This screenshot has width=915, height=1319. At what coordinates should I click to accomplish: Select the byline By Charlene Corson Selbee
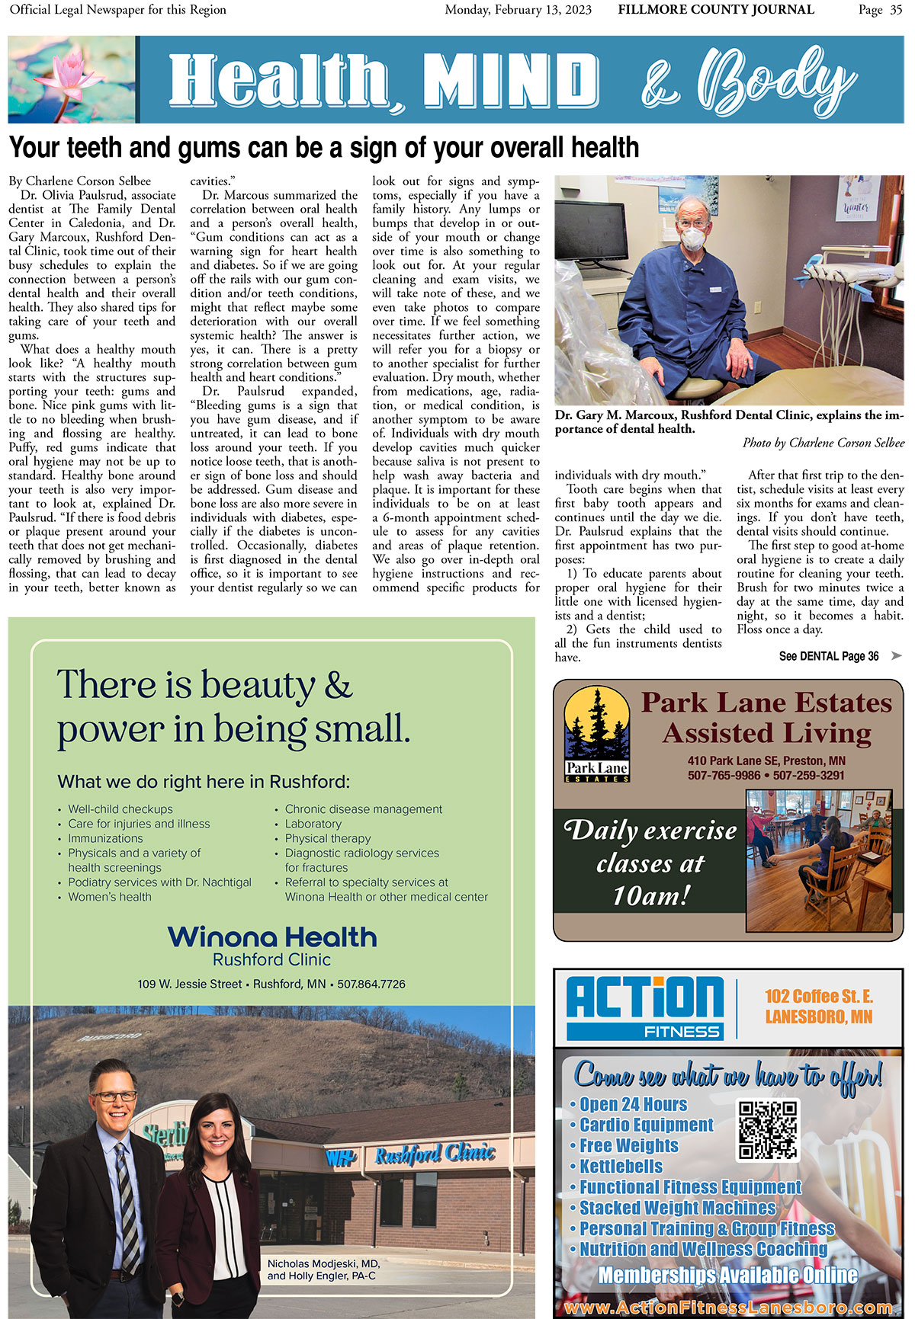[80, 181]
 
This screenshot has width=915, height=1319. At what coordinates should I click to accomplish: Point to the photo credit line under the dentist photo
[823, 443]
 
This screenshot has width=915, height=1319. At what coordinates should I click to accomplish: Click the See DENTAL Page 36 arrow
[896, 656]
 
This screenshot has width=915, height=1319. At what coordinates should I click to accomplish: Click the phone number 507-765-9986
[724, 775]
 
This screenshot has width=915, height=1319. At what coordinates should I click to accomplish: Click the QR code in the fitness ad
[768, 1129]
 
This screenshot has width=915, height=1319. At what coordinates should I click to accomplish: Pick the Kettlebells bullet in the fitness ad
[621, 1166]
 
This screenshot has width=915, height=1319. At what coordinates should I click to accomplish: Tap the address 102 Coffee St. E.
[819, 997]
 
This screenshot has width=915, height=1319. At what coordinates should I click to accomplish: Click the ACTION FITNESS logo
[645, 1007]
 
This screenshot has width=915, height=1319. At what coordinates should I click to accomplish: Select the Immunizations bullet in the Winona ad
[105, 838]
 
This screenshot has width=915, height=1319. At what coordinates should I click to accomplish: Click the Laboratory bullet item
[313, 824]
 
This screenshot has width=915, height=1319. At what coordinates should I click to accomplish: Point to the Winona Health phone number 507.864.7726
[371, 984]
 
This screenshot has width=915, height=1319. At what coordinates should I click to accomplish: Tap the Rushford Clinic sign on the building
[435, 1154]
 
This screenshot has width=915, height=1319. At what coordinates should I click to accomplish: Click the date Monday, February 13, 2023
[518, 10]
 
